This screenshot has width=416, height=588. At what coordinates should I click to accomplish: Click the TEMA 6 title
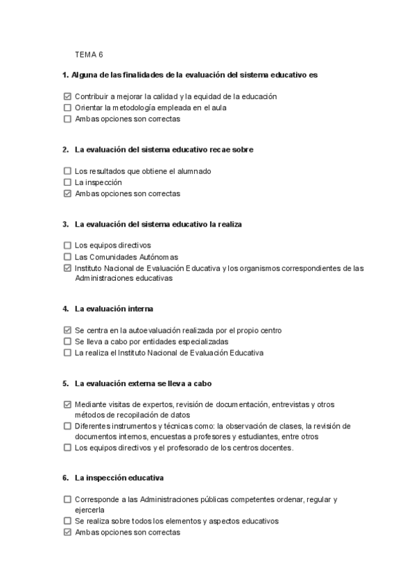tap(88, 55)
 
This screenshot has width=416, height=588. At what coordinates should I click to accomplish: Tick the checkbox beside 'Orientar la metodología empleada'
tap(67, 107)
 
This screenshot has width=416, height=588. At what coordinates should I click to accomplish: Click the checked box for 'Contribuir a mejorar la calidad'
tap(67, 97)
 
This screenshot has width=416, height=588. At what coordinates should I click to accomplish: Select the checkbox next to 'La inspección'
tap(67, 182)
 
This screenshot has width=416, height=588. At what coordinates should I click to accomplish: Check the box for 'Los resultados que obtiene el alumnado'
tap(67, 171)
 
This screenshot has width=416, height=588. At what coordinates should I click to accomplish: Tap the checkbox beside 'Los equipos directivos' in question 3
tap(67, 245)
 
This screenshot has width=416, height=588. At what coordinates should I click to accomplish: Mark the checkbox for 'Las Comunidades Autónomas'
tap(67, 257)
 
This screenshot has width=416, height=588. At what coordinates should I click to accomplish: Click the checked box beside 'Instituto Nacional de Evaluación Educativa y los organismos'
tap(67, 268)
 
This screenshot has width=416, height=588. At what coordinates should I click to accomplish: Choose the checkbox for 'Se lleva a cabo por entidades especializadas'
tap(67, 342)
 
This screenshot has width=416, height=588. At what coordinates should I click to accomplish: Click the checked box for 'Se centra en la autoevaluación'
tap(67, 331)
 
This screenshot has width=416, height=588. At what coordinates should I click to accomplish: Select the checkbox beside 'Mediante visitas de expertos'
tap(67, 404)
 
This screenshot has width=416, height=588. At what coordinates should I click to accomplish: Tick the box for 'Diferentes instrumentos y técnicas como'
tap(67, 426)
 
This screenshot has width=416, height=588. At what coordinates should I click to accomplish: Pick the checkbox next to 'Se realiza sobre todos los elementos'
tap(67, 521)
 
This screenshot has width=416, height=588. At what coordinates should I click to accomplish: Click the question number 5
tap(64, 383)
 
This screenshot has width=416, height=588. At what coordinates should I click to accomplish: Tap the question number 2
tap(64, 150)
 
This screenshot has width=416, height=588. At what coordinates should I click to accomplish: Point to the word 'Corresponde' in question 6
tap(97, 499)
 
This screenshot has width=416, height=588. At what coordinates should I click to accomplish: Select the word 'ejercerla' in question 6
tap(89, 510)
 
